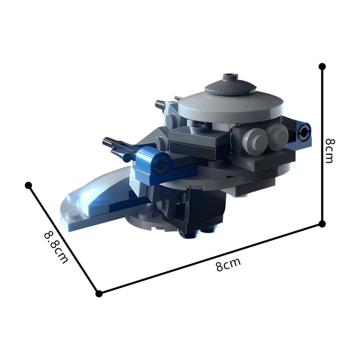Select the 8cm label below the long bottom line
point(228,265)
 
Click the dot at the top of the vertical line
point(322,67)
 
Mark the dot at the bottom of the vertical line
point(322,223)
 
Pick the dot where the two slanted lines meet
point(99,293)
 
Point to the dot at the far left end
point(28,185)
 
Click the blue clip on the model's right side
point(303,131)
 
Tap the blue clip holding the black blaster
point(155,162)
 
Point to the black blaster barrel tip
point(107,141)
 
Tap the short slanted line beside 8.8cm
point(63,238)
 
